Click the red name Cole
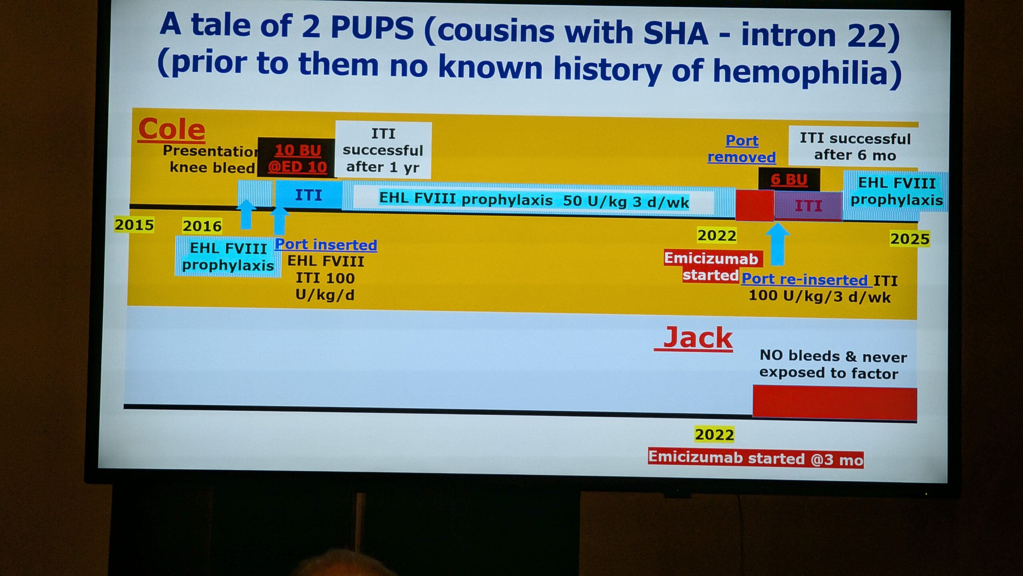click(x=171, y=130)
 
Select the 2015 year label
click(x=134, y=225)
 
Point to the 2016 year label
click(x=202, y=226)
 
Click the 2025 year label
click(x=910, y=239)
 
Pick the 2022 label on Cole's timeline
click(x=717, y=235)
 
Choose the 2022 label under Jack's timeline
click(x=715, y=434)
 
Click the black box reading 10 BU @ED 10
click(x=297, y=158)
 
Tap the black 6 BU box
click(x=789, y=180)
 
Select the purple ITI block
click(x=808, y=206)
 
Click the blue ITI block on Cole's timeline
click(x=309, y=195)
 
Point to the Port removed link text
click(x=742, y=149)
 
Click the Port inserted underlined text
click(x=326, y=244)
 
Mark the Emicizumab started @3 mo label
click(x=756, y=458)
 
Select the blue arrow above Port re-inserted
click(x=777, y=244)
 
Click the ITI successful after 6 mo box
click(x=855, y=146)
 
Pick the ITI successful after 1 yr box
click(x=383, y=150)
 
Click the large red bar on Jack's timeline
click(x=835, y=403)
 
